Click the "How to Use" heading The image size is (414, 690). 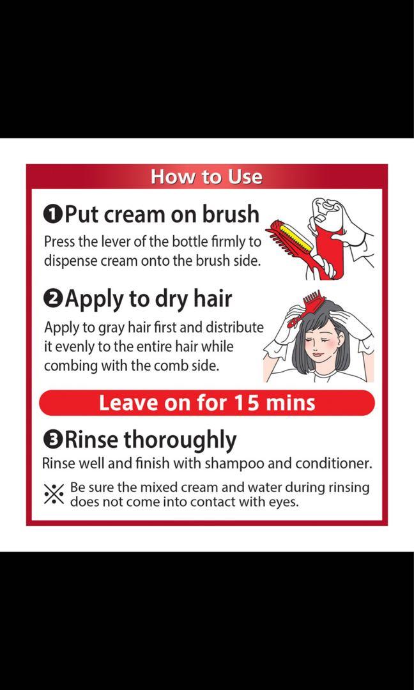[206, 177]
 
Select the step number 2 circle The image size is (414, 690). [52, 299]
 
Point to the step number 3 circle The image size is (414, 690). [52, 440]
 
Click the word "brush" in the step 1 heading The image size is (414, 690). [231, 213]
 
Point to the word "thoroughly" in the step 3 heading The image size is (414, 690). [180, 440]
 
